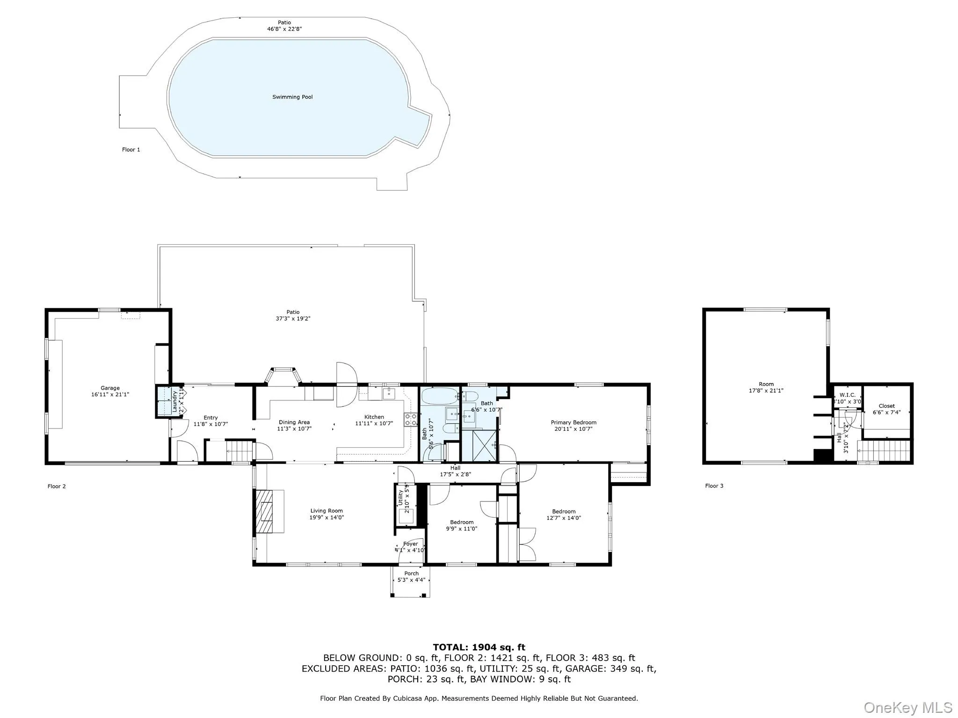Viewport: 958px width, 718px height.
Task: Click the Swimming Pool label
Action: [x=292, y=97]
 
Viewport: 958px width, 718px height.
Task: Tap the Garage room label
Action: [x=110, y=388]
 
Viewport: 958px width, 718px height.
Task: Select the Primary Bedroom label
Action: [x=573, y=422]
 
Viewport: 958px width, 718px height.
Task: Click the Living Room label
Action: [x=327, y=511]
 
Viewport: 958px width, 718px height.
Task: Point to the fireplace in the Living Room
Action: [x=265, y=511]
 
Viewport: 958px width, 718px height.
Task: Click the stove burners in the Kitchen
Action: [x=411, y=420]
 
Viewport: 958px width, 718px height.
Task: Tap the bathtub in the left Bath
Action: [x=440, y=396]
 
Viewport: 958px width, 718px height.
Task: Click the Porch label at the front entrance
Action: [x=411, y=573]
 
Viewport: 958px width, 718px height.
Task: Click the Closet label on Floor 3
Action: [x=886, y=406]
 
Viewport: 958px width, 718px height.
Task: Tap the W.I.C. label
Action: [x=847, y=395]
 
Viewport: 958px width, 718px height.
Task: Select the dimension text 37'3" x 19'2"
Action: [x=293, y=319]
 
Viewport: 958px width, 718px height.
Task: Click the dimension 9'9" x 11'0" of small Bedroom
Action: [x=462, y=529]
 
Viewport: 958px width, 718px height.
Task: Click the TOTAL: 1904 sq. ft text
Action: [x=479, y=647]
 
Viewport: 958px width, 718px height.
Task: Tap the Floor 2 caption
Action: [x=57, y=486]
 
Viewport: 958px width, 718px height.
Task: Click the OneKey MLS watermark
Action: [x=907, y=707]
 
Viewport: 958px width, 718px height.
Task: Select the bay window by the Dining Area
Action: [x=283, y=377]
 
